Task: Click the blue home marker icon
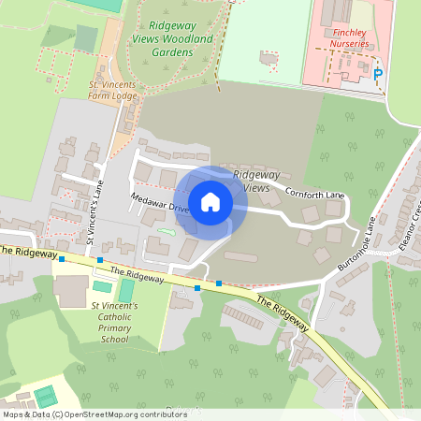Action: click(210, 201)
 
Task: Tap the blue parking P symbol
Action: click(378, 74)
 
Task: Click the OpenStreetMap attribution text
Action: click(94, 414)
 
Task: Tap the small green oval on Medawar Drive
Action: click(167, 231)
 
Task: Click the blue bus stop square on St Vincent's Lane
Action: click(100, 260)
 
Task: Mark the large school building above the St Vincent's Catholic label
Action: click(71, 290)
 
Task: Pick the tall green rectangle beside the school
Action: click(126, 289)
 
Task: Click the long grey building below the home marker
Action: click(241, 256)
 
